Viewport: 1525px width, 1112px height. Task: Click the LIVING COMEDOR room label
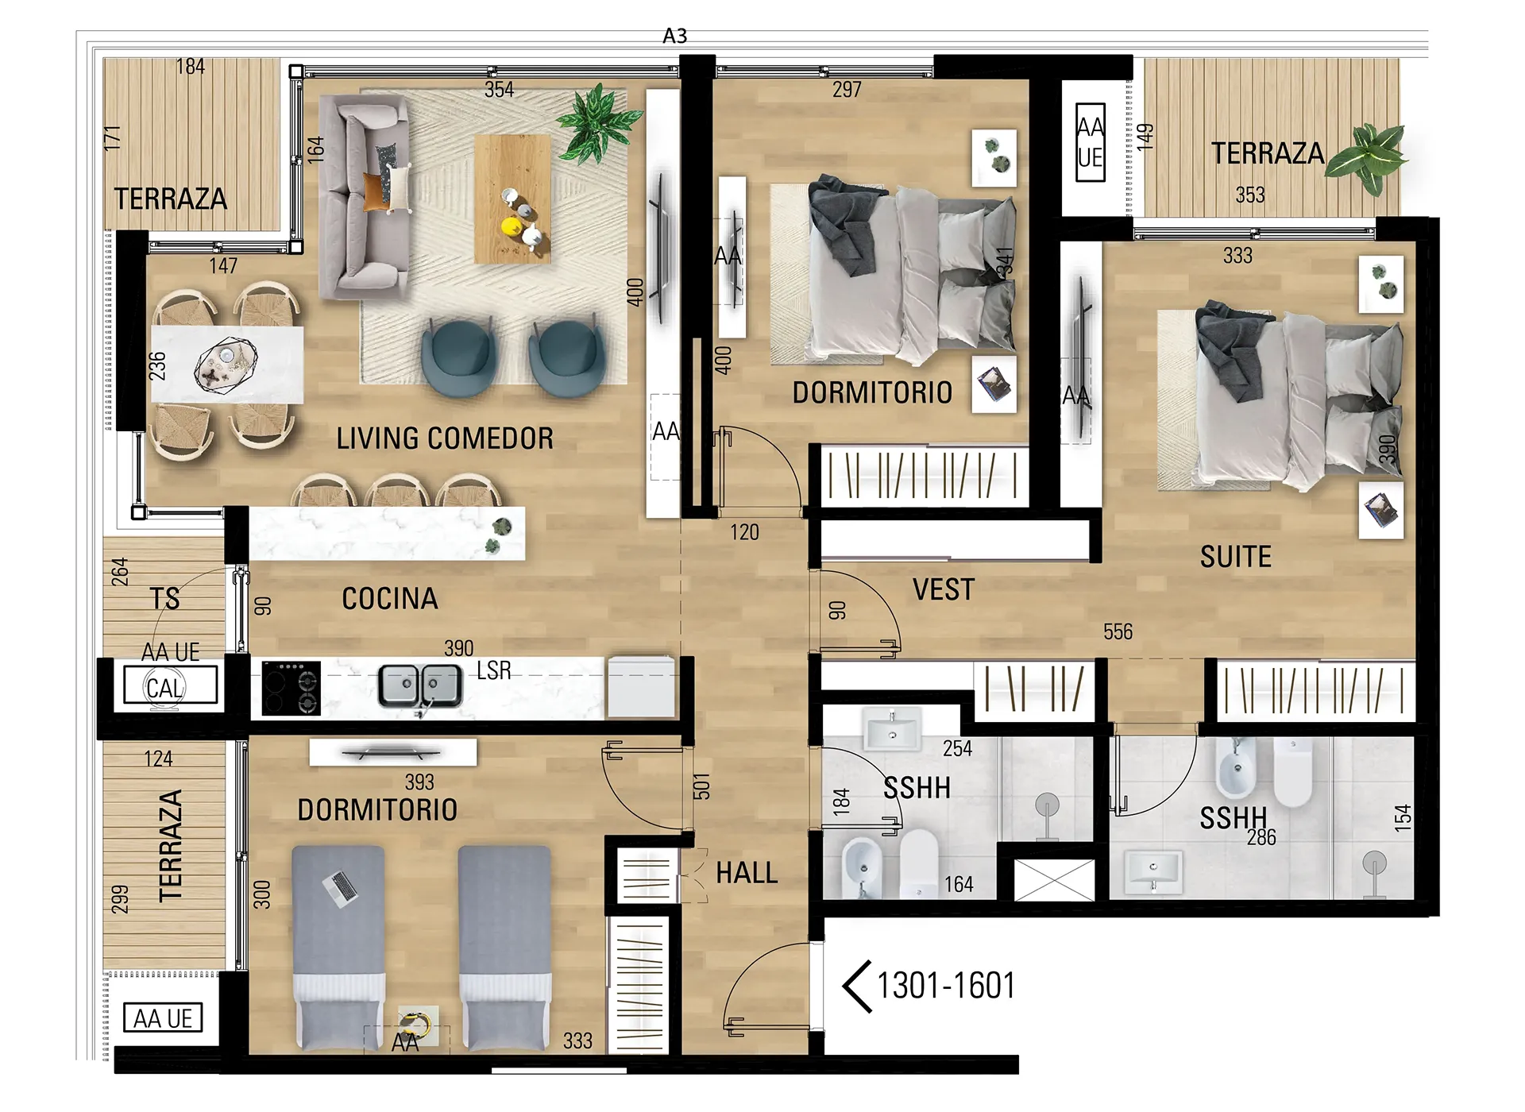pos(445,438)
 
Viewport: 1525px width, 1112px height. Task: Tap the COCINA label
pos(390,599)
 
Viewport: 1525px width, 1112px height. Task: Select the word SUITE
pos(1236,557)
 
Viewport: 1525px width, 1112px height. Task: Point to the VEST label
pos(944,589)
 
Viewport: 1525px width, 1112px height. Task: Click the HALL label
pos(747,873)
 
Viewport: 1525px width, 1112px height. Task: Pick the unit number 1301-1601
pos(946,986)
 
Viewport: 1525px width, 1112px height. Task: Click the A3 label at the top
pos(674,36)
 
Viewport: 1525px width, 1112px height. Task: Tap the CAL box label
pos(165,688)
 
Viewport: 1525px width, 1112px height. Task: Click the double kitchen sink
pos(420,685)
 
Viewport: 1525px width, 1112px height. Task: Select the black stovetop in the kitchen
pos(291,688)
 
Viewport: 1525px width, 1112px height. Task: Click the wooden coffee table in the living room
pos(512,199)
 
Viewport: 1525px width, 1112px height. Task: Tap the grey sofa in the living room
pos(365,197)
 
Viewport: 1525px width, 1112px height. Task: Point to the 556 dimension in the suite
pos(1118,632)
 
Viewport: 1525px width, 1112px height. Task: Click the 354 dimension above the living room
pos(500,90)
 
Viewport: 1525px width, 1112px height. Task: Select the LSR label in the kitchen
pos(494,670)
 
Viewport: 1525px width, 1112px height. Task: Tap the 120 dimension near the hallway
pos(745,532)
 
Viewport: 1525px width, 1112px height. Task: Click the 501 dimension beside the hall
pos(701,786)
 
